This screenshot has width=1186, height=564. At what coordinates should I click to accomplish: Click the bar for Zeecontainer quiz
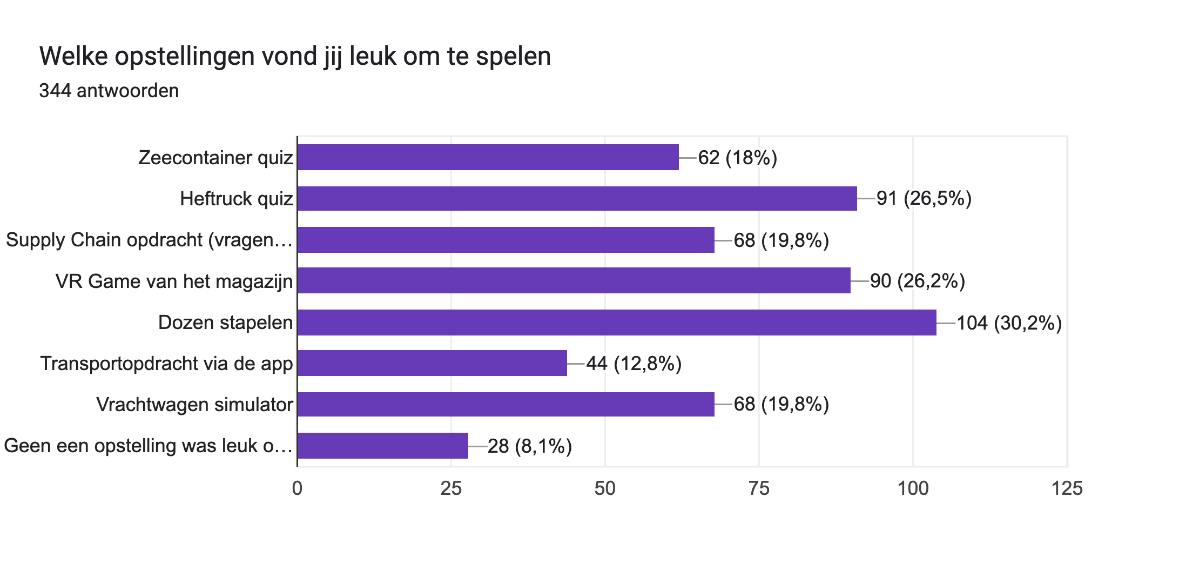pos(488,157)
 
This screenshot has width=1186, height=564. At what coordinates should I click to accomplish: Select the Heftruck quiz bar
pos(577,198)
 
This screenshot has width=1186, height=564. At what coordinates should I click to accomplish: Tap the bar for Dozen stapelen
pos(617,323)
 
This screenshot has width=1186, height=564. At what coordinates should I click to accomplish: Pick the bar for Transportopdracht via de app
pos(432,363)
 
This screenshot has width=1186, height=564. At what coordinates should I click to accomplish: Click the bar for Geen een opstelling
pos(382,446)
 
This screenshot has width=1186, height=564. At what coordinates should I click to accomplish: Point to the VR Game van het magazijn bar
pos(574,280)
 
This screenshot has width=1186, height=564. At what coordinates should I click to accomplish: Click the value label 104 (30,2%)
pos(1009,323)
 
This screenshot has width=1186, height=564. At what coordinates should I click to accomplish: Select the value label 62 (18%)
pos(737,158)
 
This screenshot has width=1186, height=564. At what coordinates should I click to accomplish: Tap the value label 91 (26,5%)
pos(924,199)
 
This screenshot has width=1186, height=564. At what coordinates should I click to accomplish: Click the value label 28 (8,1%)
pos(529,446)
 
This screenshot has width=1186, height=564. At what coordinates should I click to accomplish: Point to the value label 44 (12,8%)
pos(634,364)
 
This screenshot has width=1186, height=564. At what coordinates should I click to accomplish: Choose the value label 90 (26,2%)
pos(917,281)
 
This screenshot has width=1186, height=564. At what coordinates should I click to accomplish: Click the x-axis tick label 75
pos(759,488)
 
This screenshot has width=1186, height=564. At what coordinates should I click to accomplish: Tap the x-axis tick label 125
pos(1067,488)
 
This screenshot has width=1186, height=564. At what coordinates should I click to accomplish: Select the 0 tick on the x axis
pos(297,488)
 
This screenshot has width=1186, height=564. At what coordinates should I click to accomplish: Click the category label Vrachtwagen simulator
pos(194,405)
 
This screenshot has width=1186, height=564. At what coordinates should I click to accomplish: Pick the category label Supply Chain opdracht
pos(149,240)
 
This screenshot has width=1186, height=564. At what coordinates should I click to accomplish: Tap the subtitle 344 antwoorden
pos(109,91)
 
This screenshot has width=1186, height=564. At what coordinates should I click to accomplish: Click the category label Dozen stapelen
pos(225,323)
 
